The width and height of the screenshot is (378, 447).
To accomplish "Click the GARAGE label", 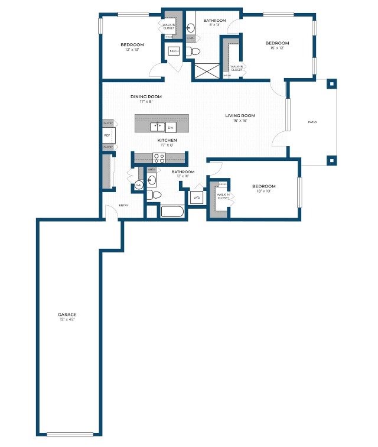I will (x=67, y=314).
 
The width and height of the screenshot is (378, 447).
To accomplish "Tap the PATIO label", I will (x=312, y=122).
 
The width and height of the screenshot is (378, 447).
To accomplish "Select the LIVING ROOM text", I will (x=240, y=115).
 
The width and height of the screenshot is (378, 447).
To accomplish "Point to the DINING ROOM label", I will (x=146, y=96).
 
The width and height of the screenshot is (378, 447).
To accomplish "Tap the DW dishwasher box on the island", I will (x=171, y=127).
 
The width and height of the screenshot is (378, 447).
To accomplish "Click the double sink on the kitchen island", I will (x=157, y=126).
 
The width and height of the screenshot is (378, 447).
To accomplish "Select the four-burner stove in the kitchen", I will (x=159, y=157).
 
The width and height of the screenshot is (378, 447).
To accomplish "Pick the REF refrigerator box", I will (x=107, y=135).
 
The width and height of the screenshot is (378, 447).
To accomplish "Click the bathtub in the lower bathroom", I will (x=173, y=212).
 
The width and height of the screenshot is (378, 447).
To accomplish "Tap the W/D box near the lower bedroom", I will (x=196, y=197).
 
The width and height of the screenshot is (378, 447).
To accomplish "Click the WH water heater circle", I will (x=139, y=185).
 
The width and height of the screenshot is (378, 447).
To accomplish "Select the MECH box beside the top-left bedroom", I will (x=174, y=52).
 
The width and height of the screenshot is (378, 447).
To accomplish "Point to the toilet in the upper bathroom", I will (x=191, y=52).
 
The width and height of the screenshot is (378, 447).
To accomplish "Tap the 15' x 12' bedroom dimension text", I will (x=276, y=48).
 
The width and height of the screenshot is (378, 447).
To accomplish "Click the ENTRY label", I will (x=124, y=205).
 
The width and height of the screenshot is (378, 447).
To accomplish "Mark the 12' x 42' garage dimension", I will (x=67, y=319).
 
